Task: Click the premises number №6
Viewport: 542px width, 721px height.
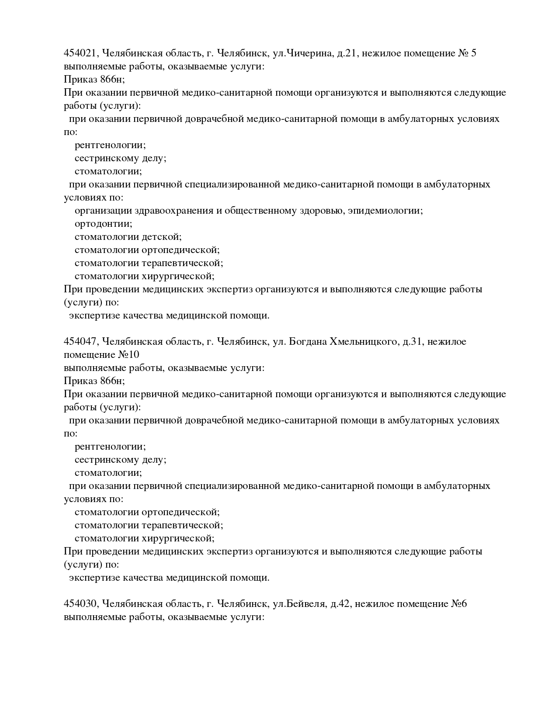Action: pos(459,604)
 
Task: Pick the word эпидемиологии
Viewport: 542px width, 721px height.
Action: pos(385,211)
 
